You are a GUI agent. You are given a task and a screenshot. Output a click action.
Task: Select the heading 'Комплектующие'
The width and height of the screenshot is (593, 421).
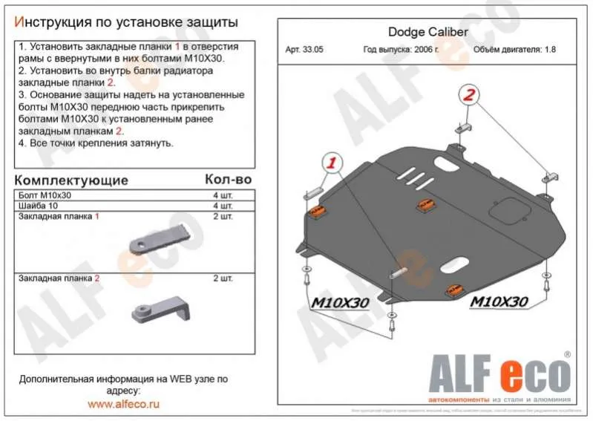coord(71,180)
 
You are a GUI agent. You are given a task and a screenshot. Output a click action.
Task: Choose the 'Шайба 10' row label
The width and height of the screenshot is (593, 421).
coord(37,206)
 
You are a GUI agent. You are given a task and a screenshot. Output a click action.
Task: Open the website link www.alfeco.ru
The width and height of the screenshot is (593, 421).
coord(123,404)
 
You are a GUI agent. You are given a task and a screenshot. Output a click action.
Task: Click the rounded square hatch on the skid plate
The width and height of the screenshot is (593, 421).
coord(511,211)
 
